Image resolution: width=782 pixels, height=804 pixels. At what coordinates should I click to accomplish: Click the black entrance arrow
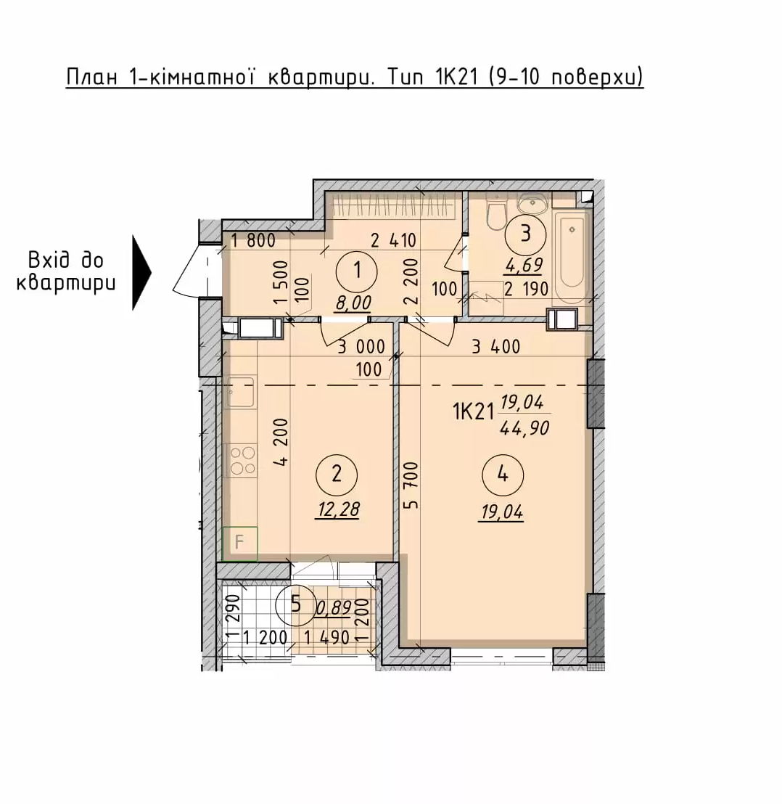pos(141,273)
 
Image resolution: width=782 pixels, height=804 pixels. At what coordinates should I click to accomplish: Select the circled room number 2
pos(336,474)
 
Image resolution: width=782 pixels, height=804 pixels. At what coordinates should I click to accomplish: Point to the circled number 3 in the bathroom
pos(525,234)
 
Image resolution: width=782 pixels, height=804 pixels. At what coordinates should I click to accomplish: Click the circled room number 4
pos(502,475)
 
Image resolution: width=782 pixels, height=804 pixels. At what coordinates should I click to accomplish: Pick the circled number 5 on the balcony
pos(296,604)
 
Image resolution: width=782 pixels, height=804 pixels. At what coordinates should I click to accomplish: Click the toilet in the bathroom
pos(495,216)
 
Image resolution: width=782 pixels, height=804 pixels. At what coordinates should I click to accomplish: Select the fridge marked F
pos(239,543)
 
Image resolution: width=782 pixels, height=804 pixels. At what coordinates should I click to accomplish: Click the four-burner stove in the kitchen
pos(242,461)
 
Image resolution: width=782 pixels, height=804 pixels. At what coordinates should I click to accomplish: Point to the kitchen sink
pos(240,393)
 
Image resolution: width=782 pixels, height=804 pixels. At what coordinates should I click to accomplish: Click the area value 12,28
pos(339,509)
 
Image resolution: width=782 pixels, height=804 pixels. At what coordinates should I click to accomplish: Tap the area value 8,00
pos(353,303)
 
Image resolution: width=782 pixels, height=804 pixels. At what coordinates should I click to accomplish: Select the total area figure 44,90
pos(524,427)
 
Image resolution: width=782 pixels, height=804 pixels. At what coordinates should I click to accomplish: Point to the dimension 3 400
pos(495,347)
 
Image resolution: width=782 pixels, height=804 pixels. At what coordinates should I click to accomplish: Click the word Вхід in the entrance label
pos(65,261)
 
